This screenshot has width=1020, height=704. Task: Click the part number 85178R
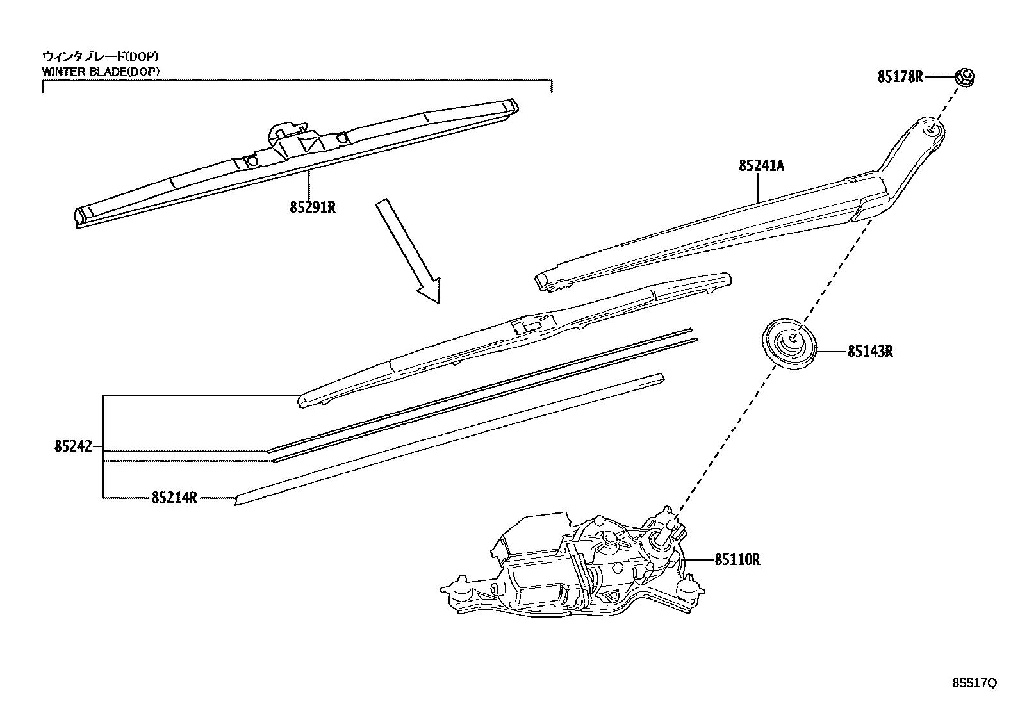[x=900, y=78]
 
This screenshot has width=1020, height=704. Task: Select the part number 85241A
[x=761, y=166]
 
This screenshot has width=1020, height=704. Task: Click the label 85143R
[x=870, y=351]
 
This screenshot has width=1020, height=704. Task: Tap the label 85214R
[x=174, y=497]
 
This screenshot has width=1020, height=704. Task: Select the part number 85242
[x=74, y=446]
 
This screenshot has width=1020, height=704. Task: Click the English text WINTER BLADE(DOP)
[x=101, y=71]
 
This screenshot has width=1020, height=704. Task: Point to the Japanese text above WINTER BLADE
[x=101, y=56]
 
